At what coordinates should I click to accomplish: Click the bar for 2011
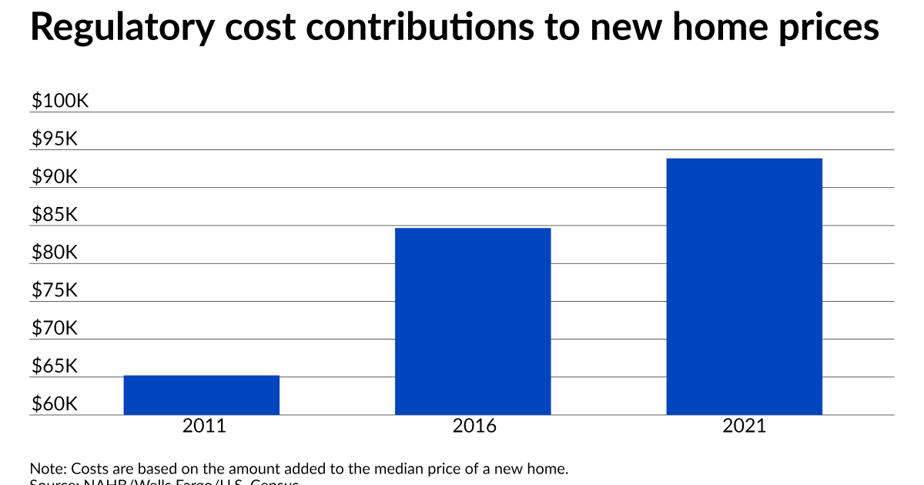coord(202,395)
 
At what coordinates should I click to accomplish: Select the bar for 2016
coord(473,321)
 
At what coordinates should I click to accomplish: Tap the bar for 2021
coord(744,286)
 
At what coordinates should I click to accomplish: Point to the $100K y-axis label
coord(61,102)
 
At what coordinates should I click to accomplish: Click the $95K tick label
coord(55,139)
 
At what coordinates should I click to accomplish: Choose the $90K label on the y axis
coord(55,177)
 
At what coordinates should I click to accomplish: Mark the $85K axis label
coord(55,215)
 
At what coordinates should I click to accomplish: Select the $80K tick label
coord(55,253)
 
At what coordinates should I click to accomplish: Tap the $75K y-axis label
coord(55,290)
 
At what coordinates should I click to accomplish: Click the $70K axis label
coord(55,328)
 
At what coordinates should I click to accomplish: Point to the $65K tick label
coord(55,366)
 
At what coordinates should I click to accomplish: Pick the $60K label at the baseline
coord(55,404)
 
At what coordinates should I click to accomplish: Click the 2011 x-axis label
coord(204,426)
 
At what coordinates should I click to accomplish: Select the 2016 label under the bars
coord(475,426)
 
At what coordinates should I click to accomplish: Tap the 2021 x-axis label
coord(745,426)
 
